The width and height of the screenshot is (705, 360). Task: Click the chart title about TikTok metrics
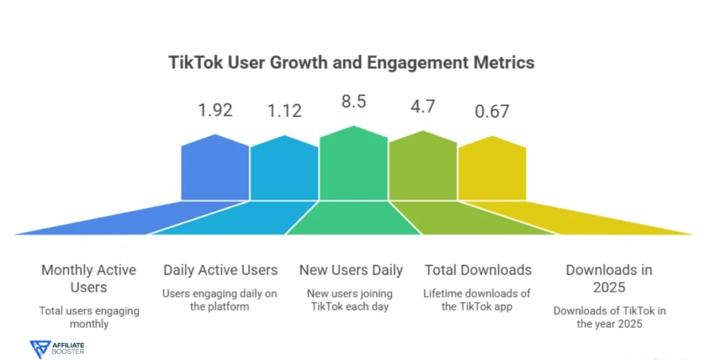[351, 62]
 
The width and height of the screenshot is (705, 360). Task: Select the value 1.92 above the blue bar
[215, 109]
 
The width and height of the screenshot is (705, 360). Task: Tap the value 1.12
[284, 109]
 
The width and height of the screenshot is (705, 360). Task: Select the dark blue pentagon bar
[215, 169]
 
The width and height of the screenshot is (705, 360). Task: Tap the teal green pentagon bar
[353, 165]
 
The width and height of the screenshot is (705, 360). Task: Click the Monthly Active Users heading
[89, 278]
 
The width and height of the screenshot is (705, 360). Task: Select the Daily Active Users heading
[220, 270]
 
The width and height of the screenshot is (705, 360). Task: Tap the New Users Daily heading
[351, 270]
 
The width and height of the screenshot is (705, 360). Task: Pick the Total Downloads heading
[478, 270]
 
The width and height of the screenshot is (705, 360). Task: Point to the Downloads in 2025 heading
[609, 278]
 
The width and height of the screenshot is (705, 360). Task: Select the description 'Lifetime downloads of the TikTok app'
[477, 300]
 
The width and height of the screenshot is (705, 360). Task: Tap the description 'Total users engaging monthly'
[89, 317]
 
